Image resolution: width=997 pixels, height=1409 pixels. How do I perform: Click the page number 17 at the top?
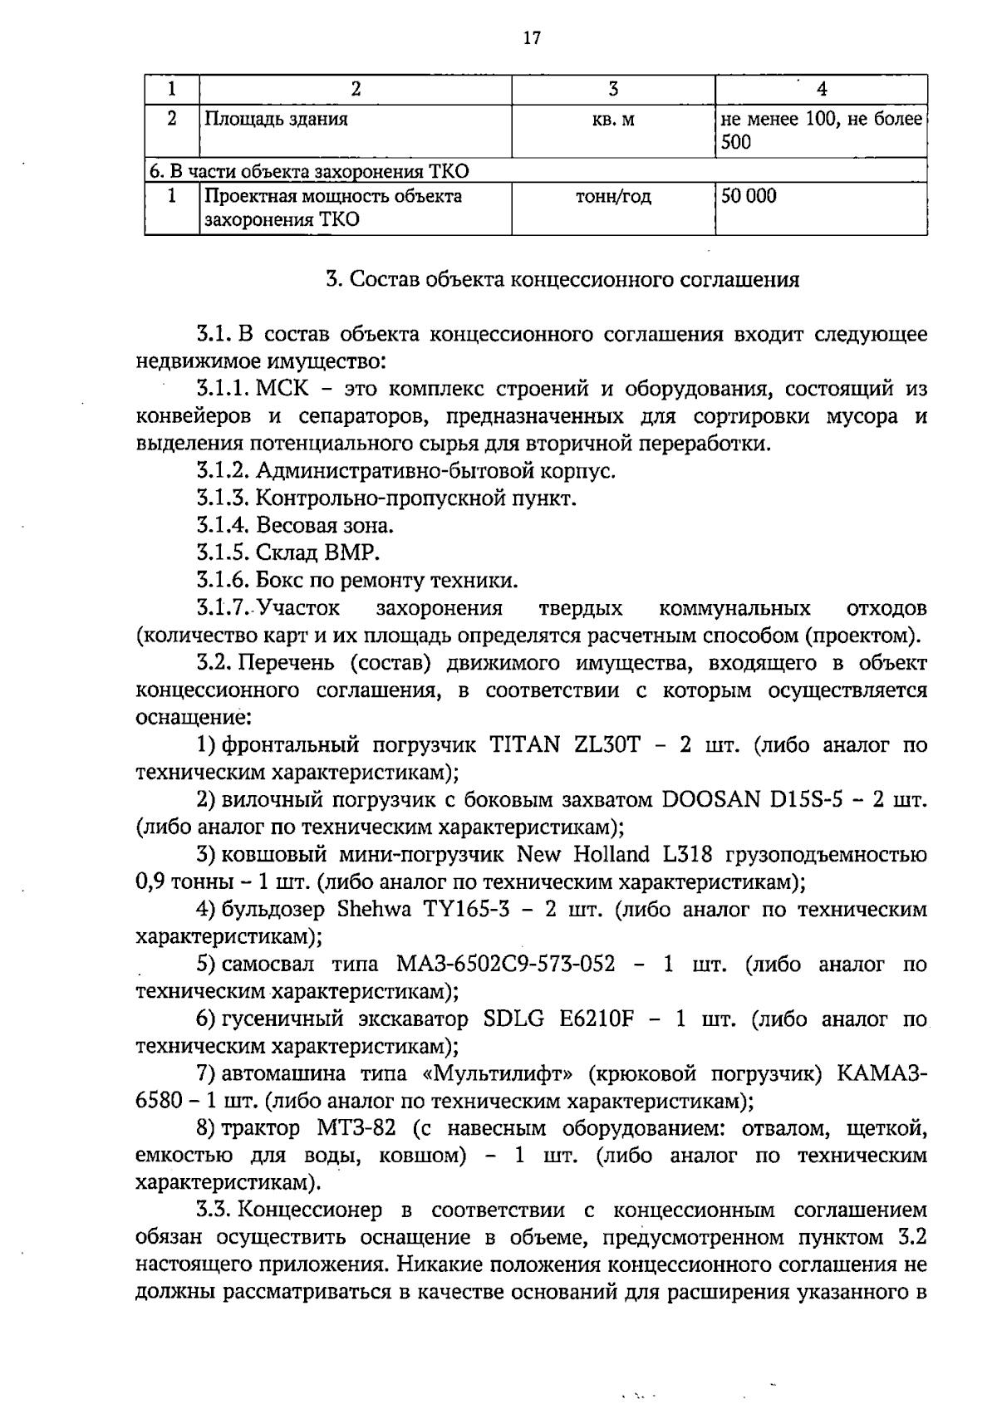(533, 38)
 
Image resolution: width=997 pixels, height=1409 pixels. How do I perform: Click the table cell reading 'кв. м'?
(613, 120)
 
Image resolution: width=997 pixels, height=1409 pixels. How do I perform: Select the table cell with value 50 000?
(749, 197)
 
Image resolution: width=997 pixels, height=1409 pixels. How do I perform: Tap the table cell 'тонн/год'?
(613, 197)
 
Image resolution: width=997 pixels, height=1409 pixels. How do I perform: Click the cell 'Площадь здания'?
(276, 119)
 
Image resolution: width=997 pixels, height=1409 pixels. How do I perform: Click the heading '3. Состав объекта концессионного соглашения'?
(562, 279)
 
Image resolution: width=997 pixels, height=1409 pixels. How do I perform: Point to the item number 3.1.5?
(223, 553)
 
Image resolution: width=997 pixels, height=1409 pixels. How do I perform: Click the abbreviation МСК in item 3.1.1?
(283, 389)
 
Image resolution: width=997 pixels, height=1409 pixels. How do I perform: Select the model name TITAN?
(524, 745)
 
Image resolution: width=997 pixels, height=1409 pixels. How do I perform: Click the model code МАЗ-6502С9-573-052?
(506, 965)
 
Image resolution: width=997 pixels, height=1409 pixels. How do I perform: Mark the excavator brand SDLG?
(515, 1019)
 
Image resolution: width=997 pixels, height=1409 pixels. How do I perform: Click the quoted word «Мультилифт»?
(498, 1074)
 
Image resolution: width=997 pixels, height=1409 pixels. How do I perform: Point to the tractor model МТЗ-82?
(355, 1129)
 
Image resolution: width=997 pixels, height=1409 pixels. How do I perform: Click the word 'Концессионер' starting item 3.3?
(312, 1211)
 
